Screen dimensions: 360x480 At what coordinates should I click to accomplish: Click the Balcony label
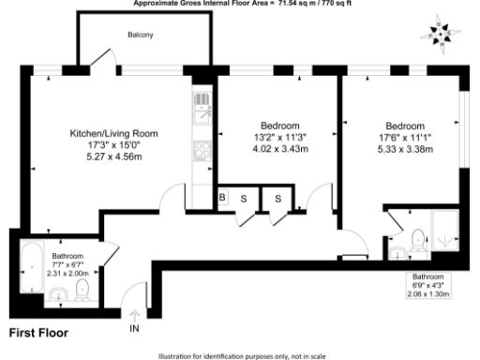[141, 36]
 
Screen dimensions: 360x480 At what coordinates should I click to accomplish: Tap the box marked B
[223, 197]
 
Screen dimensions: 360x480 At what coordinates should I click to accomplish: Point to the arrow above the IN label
[134, 316]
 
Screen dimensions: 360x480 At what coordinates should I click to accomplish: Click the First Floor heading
[38, 333]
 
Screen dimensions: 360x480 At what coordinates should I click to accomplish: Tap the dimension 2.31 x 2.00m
[67, 272]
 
